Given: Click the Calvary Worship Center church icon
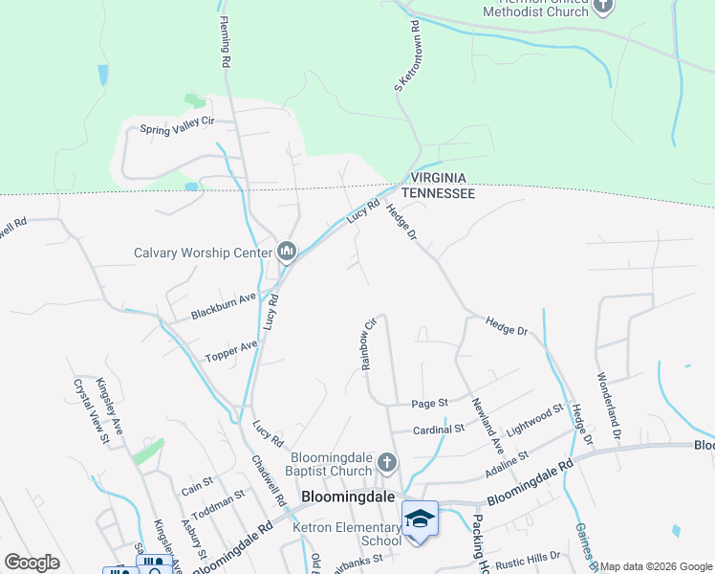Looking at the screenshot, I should point(288,253).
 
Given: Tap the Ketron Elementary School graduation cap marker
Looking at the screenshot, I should point(419,519).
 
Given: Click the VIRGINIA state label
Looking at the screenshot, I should point(438,178).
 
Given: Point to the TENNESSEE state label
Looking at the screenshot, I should point(438,193).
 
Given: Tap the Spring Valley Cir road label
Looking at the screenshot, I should point(178,125).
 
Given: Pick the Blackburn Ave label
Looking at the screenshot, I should point(223,305).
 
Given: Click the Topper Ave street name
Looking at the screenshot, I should point(231,351).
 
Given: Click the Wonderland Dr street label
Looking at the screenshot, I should point(609,399).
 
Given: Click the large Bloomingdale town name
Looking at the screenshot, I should point(349,497).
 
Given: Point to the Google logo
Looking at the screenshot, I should point(32,563).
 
